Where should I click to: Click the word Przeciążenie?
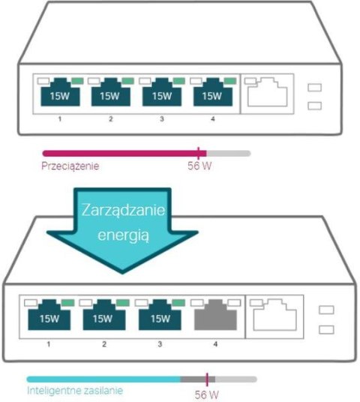click(x=70, y=165)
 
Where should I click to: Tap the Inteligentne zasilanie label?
click(x=74, y=391)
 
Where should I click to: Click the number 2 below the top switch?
click(x=109, y=119)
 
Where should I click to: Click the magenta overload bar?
click(x=120, y=152)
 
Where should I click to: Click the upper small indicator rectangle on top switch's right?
click(x=315, y=88)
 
